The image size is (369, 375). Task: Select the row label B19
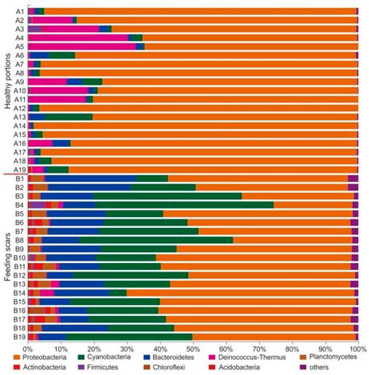pos(19,337)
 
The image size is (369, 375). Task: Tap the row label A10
pos(19,90)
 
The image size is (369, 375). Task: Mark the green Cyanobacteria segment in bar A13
pos(70,117)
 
